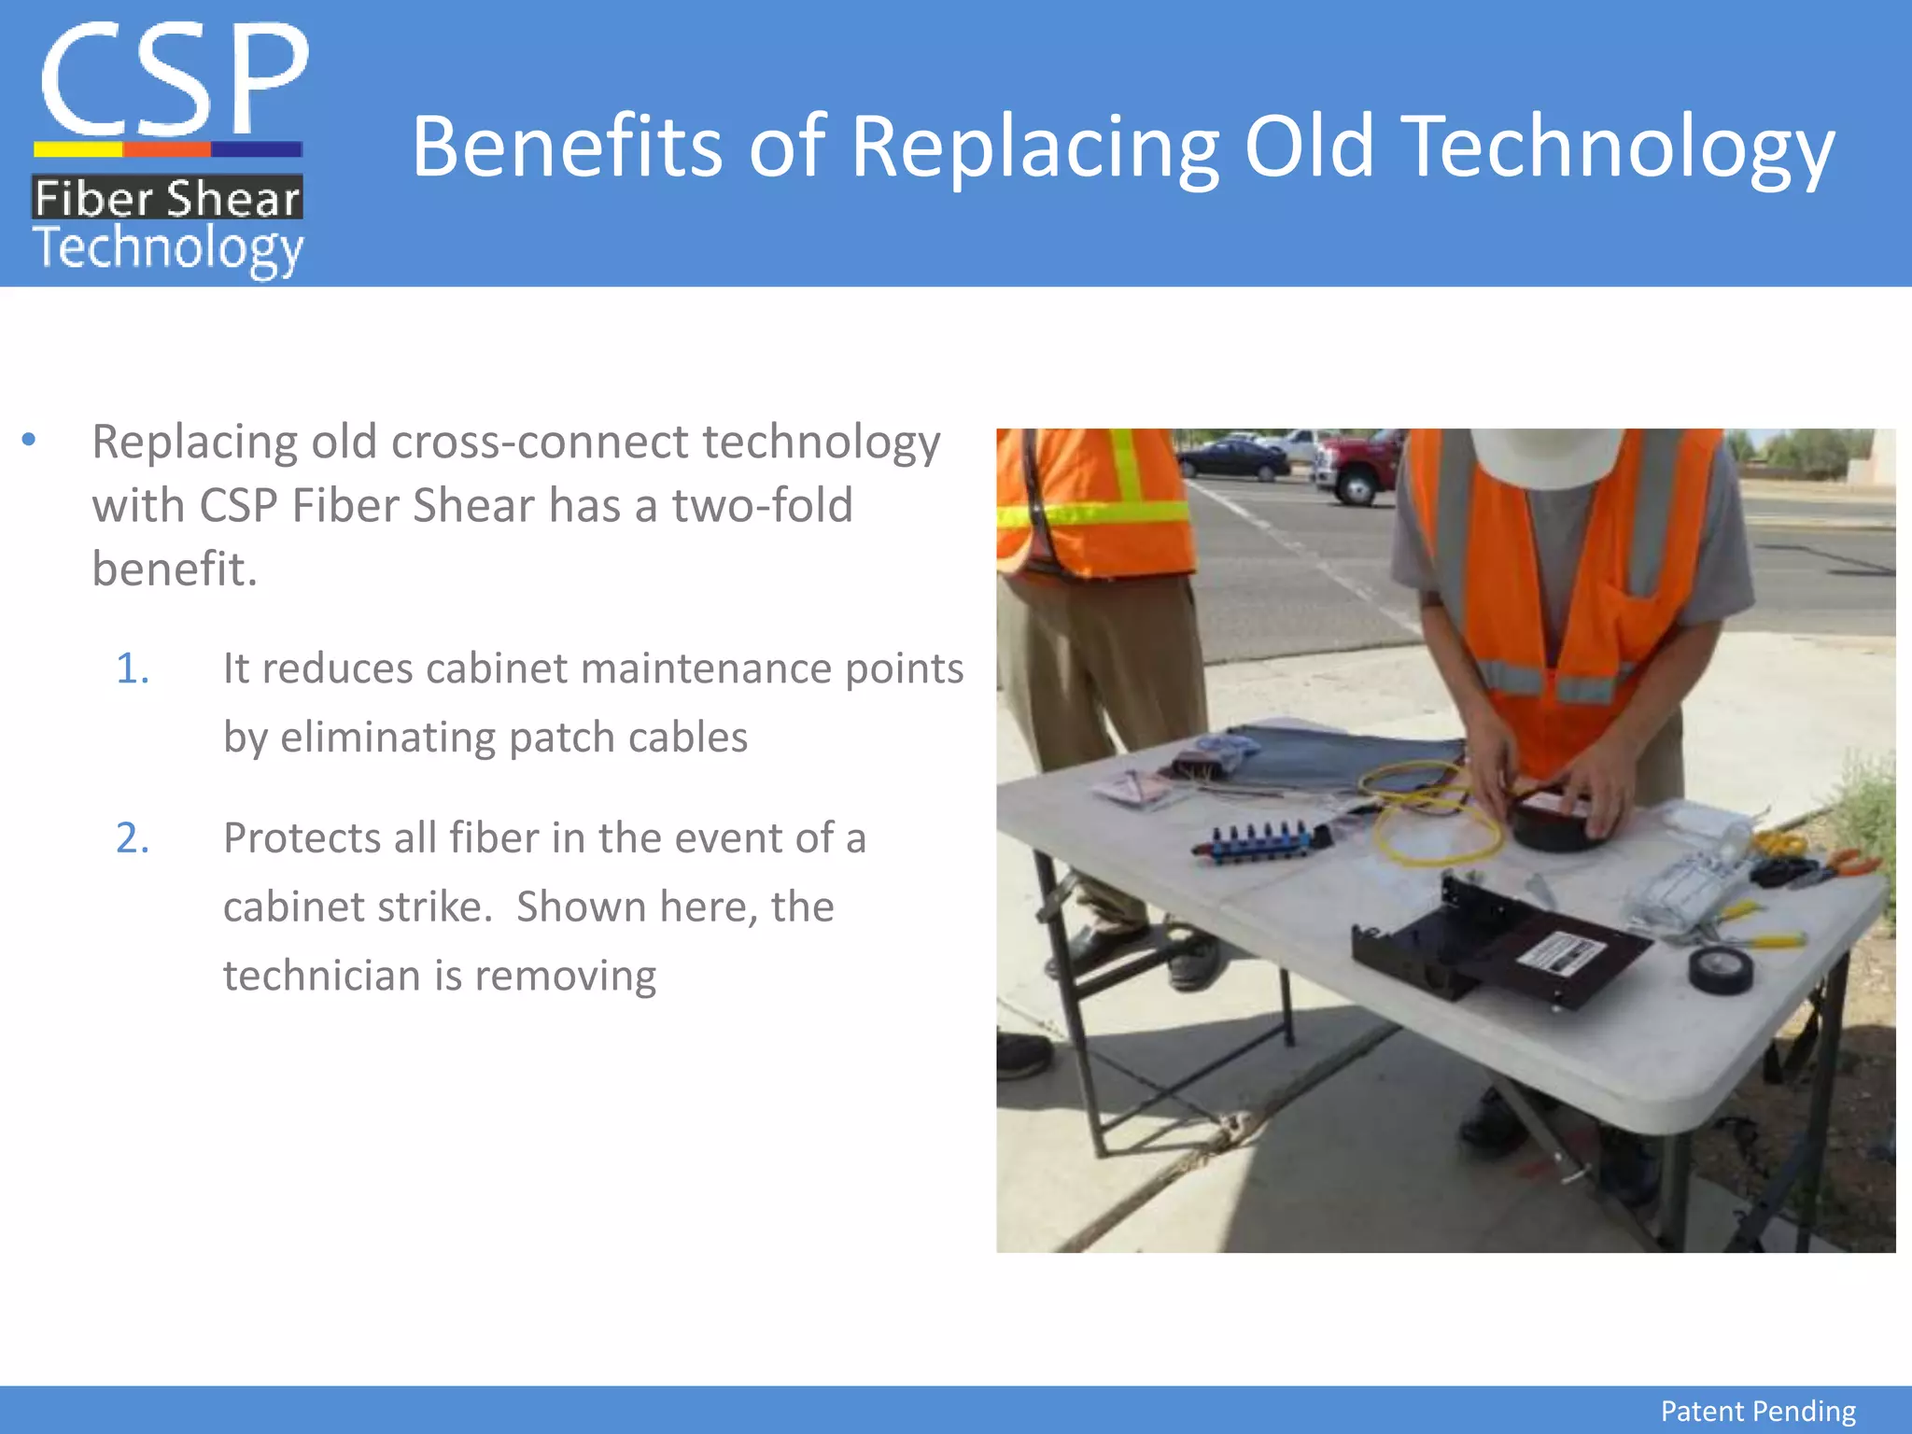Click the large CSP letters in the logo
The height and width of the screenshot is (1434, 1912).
pyautogui.click(x=173, y=79)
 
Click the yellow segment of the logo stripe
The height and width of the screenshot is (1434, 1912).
pyautogui.click(x=78, y=149)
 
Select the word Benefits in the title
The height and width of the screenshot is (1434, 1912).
pyautogui.click(x=567, y=147)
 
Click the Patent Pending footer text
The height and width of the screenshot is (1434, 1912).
pyautogui.click(x=1757, y=1411)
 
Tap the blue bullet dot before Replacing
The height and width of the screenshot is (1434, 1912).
pyautogui.click(x=29, y=440)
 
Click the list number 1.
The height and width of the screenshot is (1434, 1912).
pyautogui.click(x=133, y=669)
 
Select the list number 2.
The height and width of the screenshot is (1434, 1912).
pyautogui.click(x=133, y=838)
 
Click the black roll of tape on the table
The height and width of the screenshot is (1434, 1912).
pyautogui.click(x=1721, y=970)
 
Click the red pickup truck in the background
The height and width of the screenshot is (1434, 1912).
pyautogui.click(x=1358, y=468)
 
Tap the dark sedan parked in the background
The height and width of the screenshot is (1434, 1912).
pyautogui.click(x=1231, y=458)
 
